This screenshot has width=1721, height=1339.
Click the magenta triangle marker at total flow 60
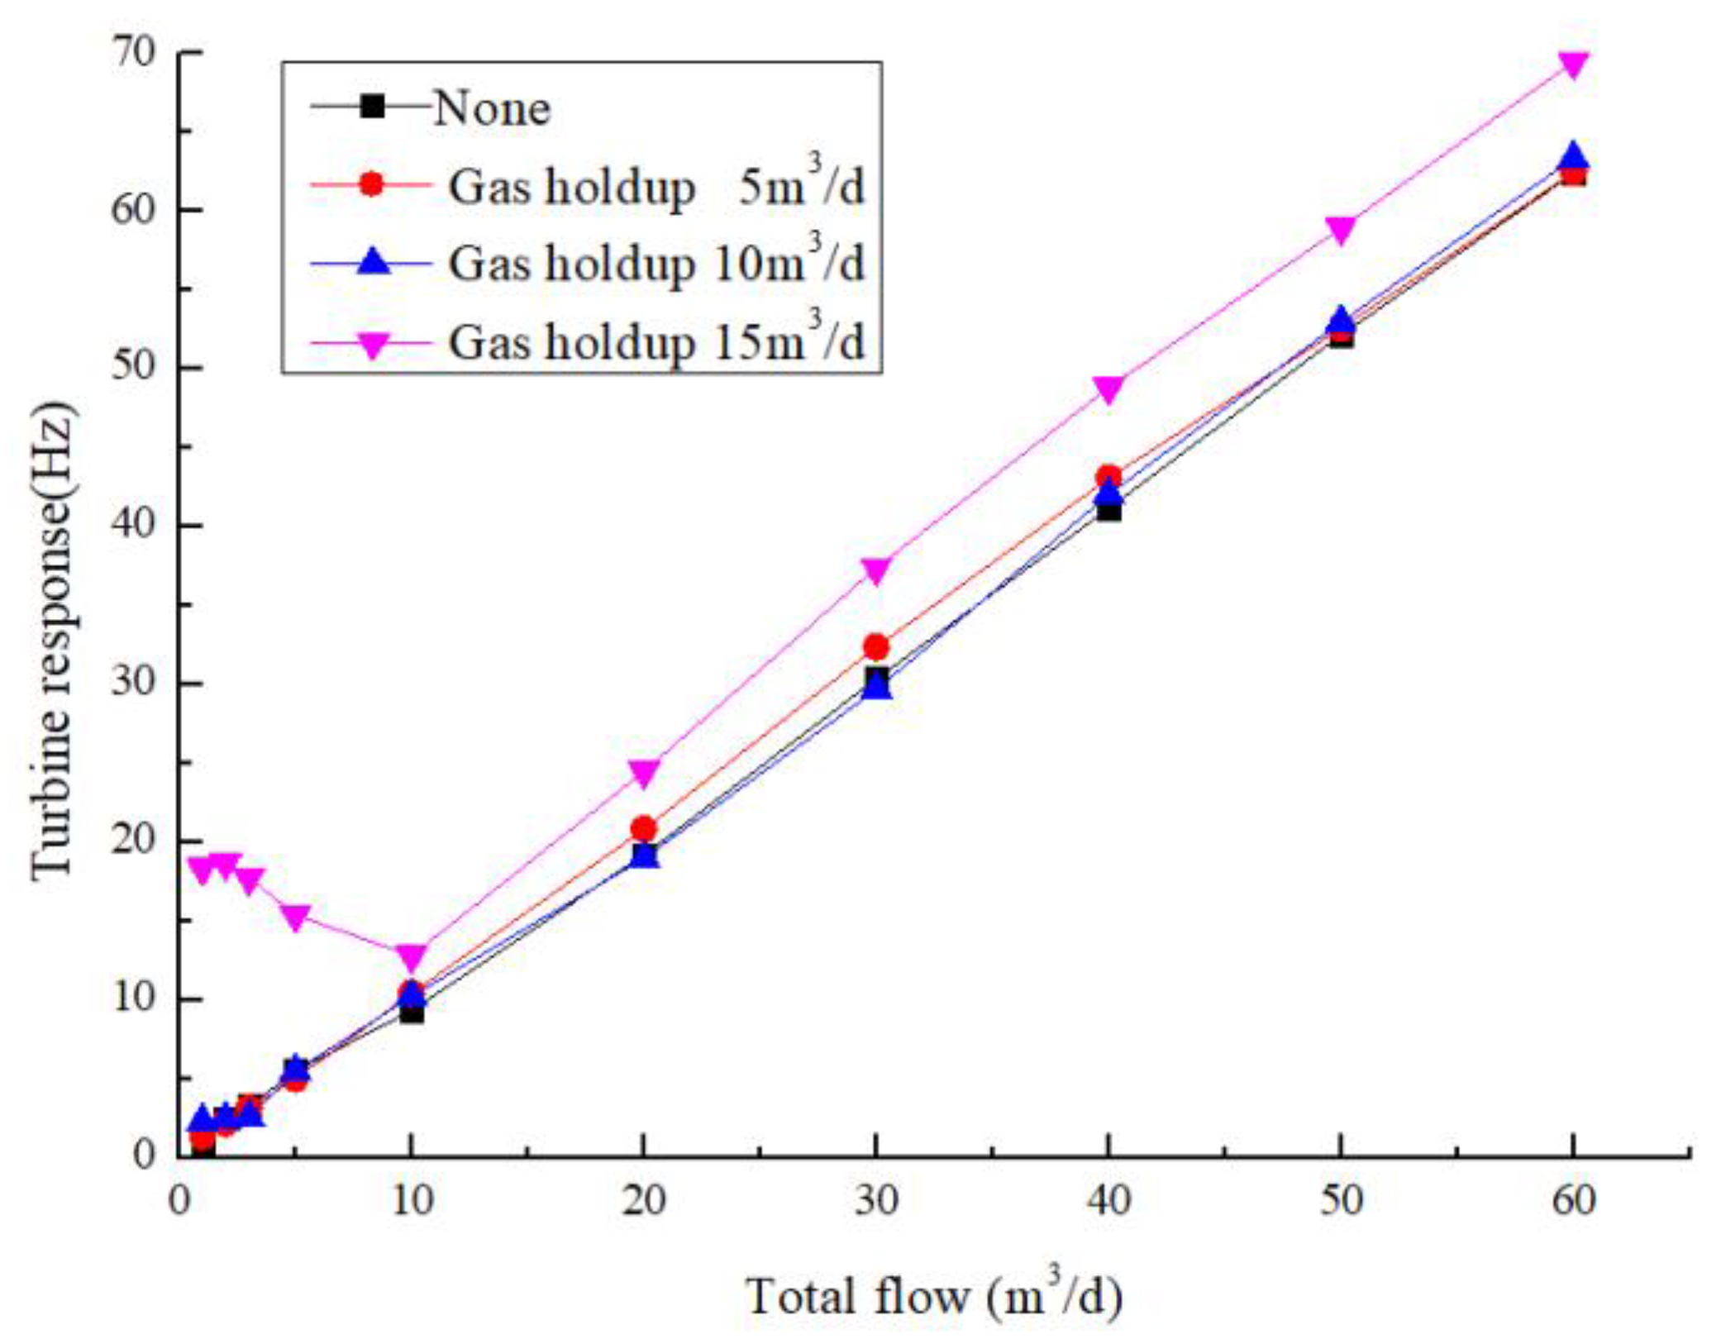click(x=1573, y=64)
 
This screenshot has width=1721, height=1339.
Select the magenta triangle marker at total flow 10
click(x=412, y=956)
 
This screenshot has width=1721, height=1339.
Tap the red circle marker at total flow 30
click(x=876, y=646)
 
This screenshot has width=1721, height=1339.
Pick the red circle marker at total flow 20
click(x=644, y=828)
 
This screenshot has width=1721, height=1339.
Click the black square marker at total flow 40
click(x=1108, y=511)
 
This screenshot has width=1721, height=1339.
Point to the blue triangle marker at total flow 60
click(x=1573, y=156)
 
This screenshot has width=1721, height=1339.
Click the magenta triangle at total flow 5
click(x=295, y=917)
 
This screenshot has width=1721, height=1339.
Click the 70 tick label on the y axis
click(x=134, y=53)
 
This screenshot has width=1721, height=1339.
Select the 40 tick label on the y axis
click(x=134, y=526)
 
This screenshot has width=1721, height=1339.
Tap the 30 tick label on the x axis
click(x=876, y=1201)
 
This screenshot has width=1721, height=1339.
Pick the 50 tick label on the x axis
click(x=1341, y=1201)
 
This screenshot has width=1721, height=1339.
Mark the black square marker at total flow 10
click(x=412, y=1013)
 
